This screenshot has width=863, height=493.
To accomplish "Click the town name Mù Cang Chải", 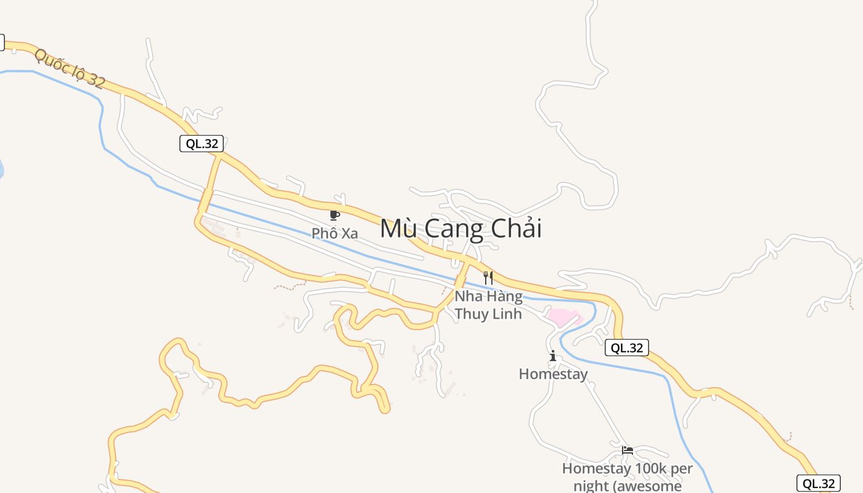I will tap(460, 229).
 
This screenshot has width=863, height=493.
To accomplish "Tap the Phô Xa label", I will tap(335, 234).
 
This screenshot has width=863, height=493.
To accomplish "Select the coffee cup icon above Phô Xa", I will tap(334, 215).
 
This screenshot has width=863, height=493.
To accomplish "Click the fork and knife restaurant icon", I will tap(488, 277).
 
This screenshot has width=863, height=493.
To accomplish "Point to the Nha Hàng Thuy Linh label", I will tap(488, 305).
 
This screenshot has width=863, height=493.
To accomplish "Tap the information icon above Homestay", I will tap(553, 356).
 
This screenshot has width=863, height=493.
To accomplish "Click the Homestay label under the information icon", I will tap(553, 374).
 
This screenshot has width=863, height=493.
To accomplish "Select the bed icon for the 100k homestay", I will tap(628, 450).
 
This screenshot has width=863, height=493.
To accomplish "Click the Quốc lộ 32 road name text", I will tap(70, 68).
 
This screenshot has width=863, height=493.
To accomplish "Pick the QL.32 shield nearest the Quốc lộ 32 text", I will tap(201, 144).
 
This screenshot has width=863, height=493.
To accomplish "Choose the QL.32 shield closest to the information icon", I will tap(626, 348).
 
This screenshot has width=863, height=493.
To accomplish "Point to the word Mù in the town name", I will tap(396, 229).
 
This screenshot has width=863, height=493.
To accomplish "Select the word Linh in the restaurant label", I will tap(508, 314).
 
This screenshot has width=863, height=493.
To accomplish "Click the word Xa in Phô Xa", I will tap(350, 234).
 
